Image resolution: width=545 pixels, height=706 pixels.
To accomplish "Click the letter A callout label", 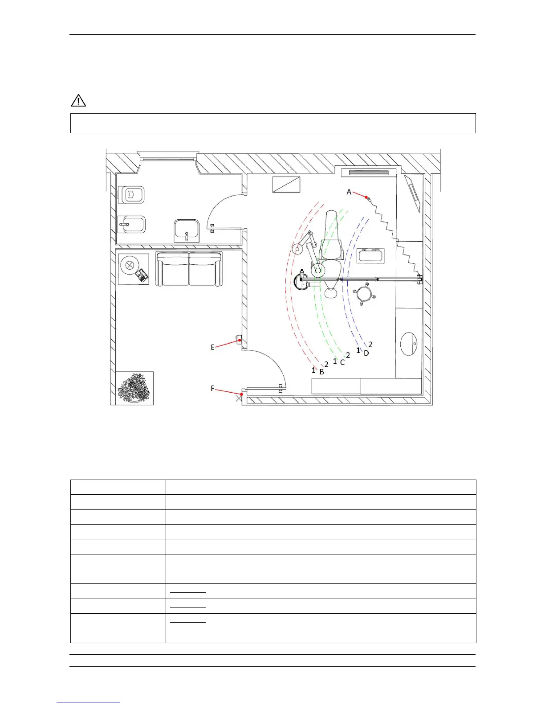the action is [x=349, y=192].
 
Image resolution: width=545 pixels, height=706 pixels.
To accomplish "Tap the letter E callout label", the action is [x=212, y=347].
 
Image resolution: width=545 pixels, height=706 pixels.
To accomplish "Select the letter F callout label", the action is [x=212, y=388].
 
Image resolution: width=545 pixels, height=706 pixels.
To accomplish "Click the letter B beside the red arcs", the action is [x=321, y=372].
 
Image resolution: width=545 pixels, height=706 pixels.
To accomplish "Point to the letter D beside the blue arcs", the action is [x=366, y=353].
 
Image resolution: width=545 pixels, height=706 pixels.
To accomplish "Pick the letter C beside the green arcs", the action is [x=342, y=363].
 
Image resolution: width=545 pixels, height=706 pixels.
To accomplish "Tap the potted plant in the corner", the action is [x=134, y=388].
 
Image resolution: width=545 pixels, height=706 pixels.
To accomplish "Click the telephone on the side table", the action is [x=142, y=275].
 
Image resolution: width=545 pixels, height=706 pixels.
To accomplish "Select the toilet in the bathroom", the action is [x=131, y=195].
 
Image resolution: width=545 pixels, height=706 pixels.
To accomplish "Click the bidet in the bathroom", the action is [x=131, y=224].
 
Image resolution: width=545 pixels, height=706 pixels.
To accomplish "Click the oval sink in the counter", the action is [x=409, y=344].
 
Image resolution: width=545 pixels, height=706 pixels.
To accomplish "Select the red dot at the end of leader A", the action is [x=366, y=197].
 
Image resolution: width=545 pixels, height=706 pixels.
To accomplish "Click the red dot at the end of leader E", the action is [x=240, y=340].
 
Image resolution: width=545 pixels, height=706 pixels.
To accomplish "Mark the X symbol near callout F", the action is [x=239, y=398].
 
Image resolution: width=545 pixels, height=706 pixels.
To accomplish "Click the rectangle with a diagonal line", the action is [x=286, y=185].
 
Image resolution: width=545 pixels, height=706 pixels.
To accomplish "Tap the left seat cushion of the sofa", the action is [x=172, y=269].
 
